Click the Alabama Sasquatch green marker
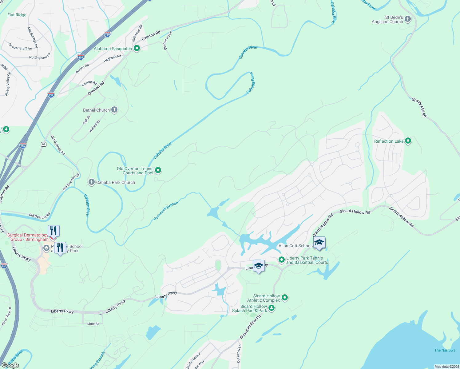[137, 48]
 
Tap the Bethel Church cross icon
[114, 110]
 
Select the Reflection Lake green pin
[408, 141]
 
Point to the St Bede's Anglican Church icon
[408, 19]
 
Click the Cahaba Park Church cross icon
[91, 182]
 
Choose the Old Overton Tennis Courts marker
[158, 170]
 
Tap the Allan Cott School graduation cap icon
[319, 243]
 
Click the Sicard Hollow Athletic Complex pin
[285, 297]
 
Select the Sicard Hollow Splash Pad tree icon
[271, 307]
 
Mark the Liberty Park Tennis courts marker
[281, 260]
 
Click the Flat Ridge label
[17, 15]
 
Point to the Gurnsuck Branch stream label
[166, 211]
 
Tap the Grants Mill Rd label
[419, 107]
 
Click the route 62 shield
[44, 144]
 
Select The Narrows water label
[445, 350]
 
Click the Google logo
[10, 365]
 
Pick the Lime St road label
[93, 324]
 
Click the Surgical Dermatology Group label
[28, 237]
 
